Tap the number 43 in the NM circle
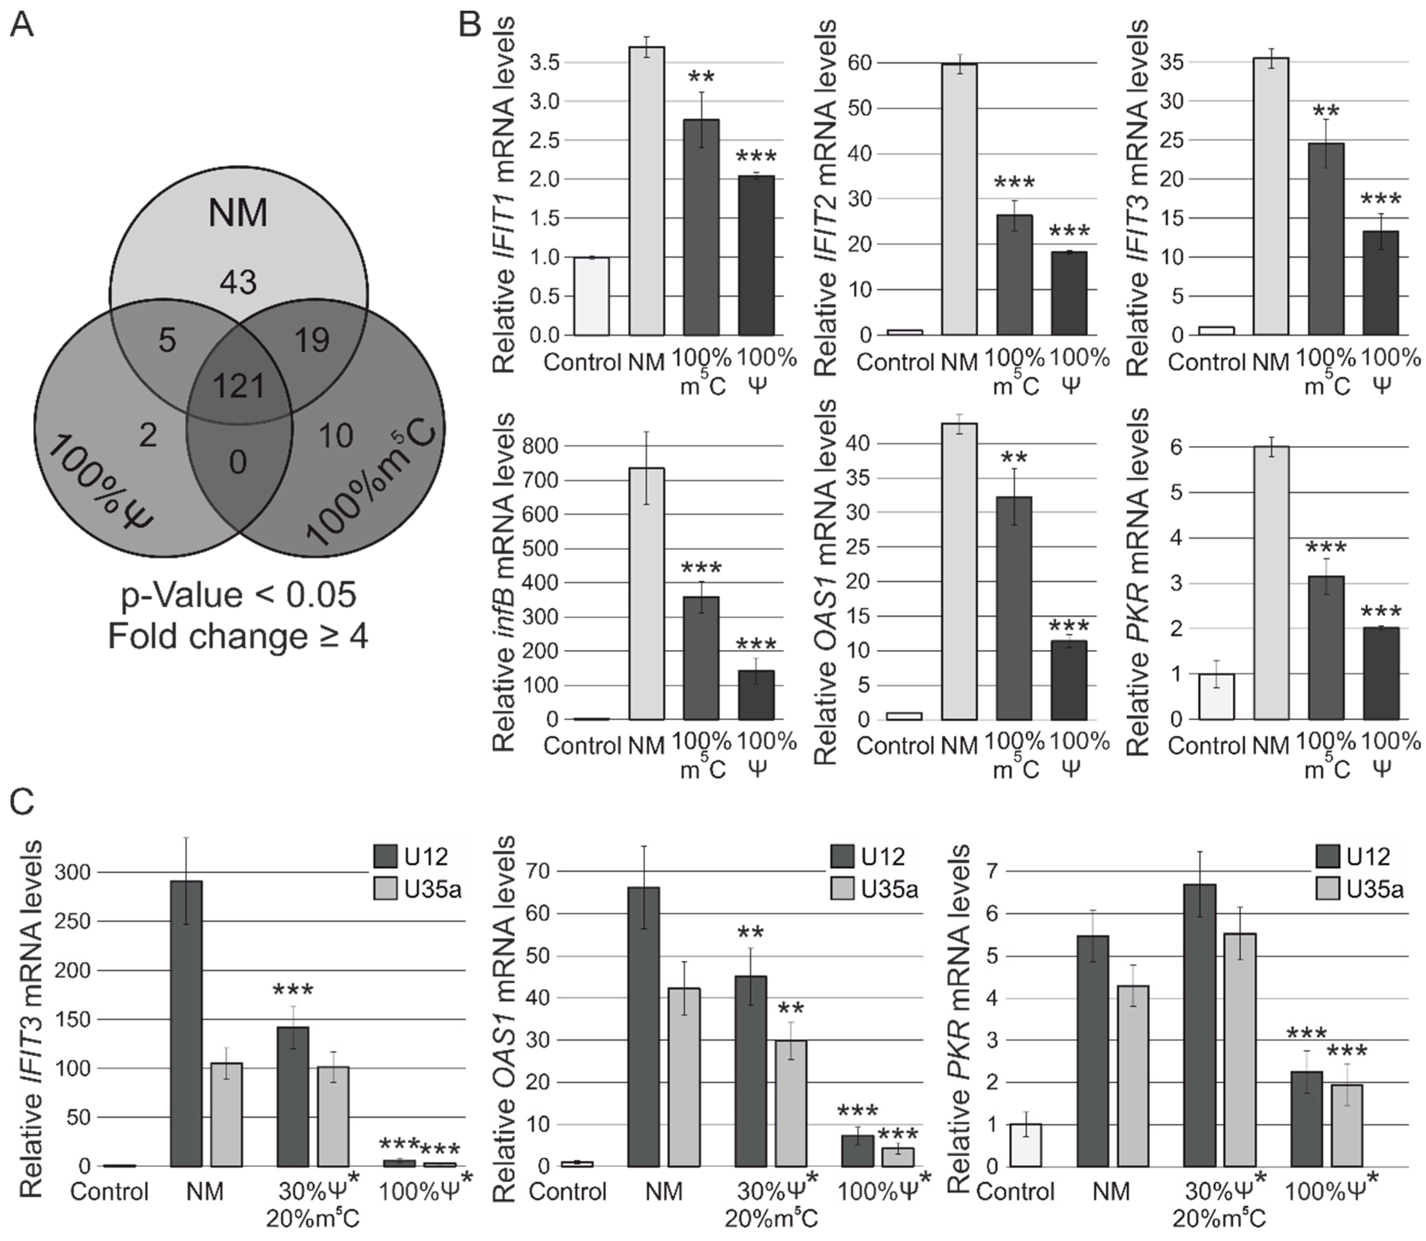click(238, 282)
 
